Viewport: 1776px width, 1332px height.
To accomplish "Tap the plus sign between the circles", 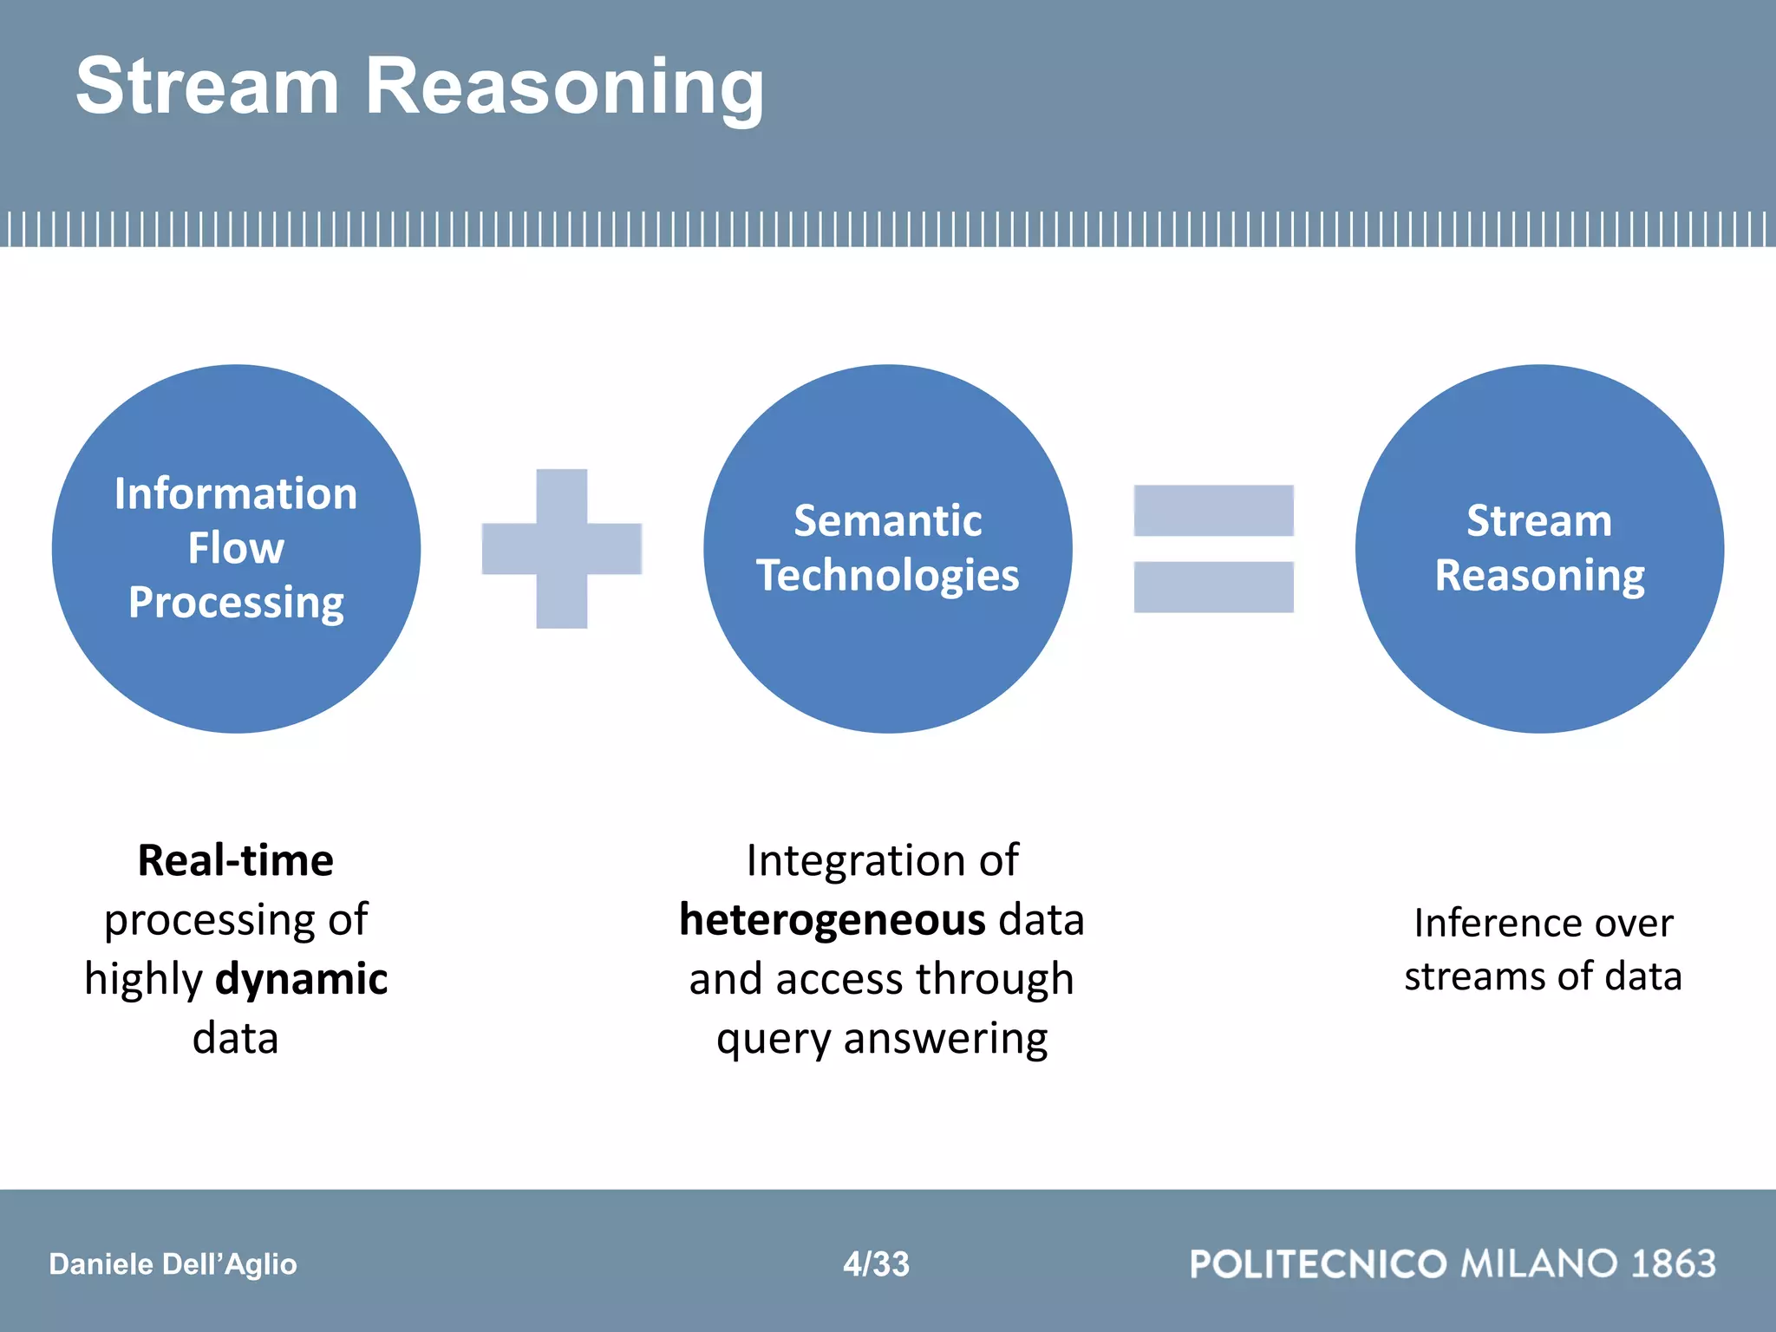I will [561, 548].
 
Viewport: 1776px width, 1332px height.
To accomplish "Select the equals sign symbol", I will [1213, 548].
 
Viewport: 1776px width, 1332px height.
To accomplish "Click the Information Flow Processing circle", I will [236, 676].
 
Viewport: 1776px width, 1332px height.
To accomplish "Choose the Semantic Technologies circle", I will [887, 676].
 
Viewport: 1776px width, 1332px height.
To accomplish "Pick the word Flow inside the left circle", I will [236, 548].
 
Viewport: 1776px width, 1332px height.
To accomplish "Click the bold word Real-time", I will [236, 860].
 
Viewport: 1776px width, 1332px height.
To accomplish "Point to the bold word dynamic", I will [301, 978].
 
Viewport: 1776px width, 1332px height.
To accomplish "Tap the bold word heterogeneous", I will [832, 919].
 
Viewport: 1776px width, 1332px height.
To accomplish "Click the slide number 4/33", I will [876, 1263].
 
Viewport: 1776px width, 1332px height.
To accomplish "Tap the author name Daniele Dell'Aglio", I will [173, 1263].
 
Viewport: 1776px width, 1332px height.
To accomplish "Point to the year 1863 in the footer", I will [1674, 1263].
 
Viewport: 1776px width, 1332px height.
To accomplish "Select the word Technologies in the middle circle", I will [887, 575].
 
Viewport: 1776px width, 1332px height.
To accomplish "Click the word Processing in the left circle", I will [236, 603].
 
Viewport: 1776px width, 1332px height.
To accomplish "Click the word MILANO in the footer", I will [1539, 1263].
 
